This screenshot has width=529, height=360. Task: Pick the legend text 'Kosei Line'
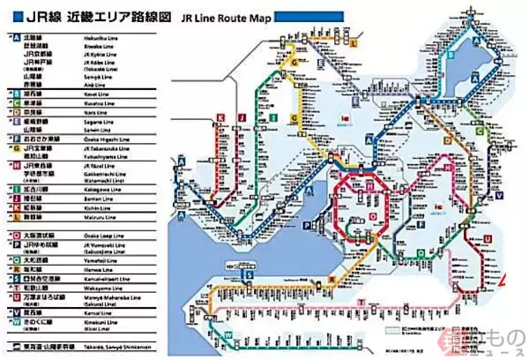click(91, 91)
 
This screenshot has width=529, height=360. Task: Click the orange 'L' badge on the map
click(354, 41)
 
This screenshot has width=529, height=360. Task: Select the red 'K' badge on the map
click(217, 116)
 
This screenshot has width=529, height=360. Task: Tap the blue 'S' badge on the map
click(250, 274)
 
